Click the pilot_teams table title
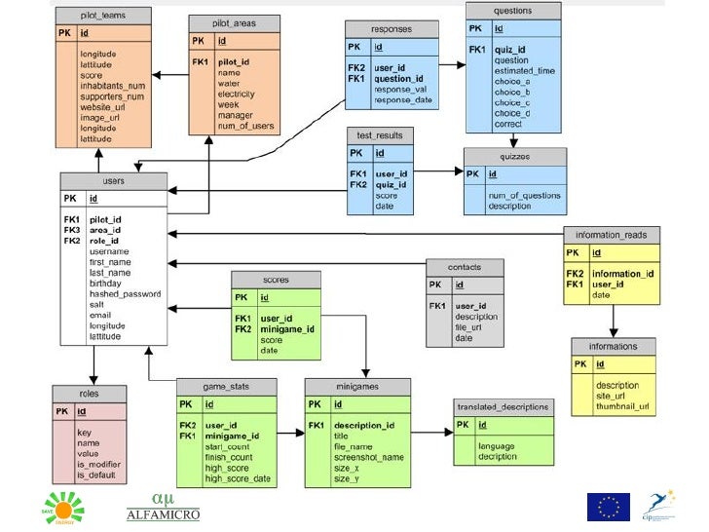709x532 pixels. pos(103,16)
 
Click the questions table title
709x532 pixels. pos(513,11)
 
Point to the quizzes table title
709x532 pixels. pos(515,156)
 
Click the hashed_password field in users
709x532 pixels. pos(126,293)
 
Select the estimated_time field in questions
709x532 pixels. pos(525,71)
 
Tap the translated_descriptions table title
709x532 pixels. pos(503,405)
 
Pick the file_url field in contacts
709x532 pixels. pos(469,327)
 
